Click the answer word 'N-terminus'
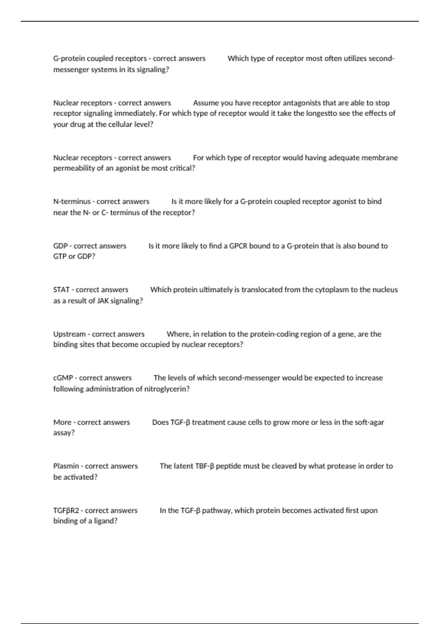tap(72, 202)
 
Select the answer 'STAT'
tap(61, 290)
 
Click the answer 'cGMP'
tap(63, 378)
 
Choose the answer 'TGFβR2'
tap(66, 510)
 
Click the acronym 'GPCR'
tap(238, 246)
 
